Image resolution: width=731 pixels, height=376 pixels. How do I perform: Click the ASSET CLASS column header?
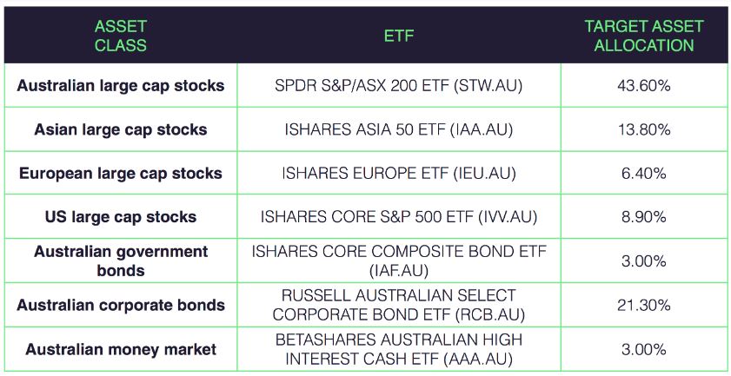(120, 36)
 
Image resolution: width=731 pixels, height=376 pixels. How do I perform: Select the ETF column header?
(399, 36)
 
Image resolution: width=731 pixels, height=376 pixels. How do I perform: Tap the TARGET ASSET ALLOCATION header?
(644, 36)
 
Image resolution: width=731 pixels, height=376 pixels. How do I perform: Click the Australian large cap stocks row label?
(121, 86)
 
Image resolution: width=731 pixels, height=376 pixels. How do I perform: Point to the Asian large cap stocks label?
(121, 129)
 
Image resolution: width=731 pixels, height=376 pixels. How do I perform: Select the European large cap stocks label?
(121, 173)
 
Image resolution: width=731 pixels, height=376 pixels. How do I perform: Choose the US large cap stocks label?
(121, 216)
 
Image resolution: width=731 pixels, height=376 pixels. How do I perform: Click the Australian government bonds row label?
(121, 261)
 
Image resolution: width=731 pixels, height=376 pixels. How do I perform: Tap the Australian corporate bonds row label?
(121, 305)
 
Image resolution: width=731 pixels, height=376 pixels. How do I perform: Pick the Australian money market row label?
(121, 349)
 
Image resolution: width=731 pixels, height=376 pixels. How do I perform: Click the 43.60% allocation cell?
(644, 86)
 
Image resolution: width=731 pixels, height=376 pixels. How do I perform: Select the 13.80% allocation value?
(644, 129)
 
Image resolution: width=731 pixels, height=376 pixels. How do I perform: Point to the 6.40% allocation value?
(644, 174)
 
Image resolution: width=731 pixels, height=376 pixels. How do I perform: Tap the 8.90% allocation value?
(644, 217)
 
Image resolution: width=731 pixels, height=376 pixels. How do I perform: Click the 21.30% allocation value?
(644, 305)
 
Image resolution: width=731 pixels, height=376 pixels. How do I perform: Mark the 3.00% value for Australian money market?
(644, 349)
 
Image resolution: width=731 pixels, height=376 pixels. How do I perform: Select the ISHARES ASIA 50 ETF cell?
(399, 129)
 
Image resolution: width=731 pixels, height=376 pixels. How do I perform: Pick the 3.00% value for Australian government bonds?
(644, 261)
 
